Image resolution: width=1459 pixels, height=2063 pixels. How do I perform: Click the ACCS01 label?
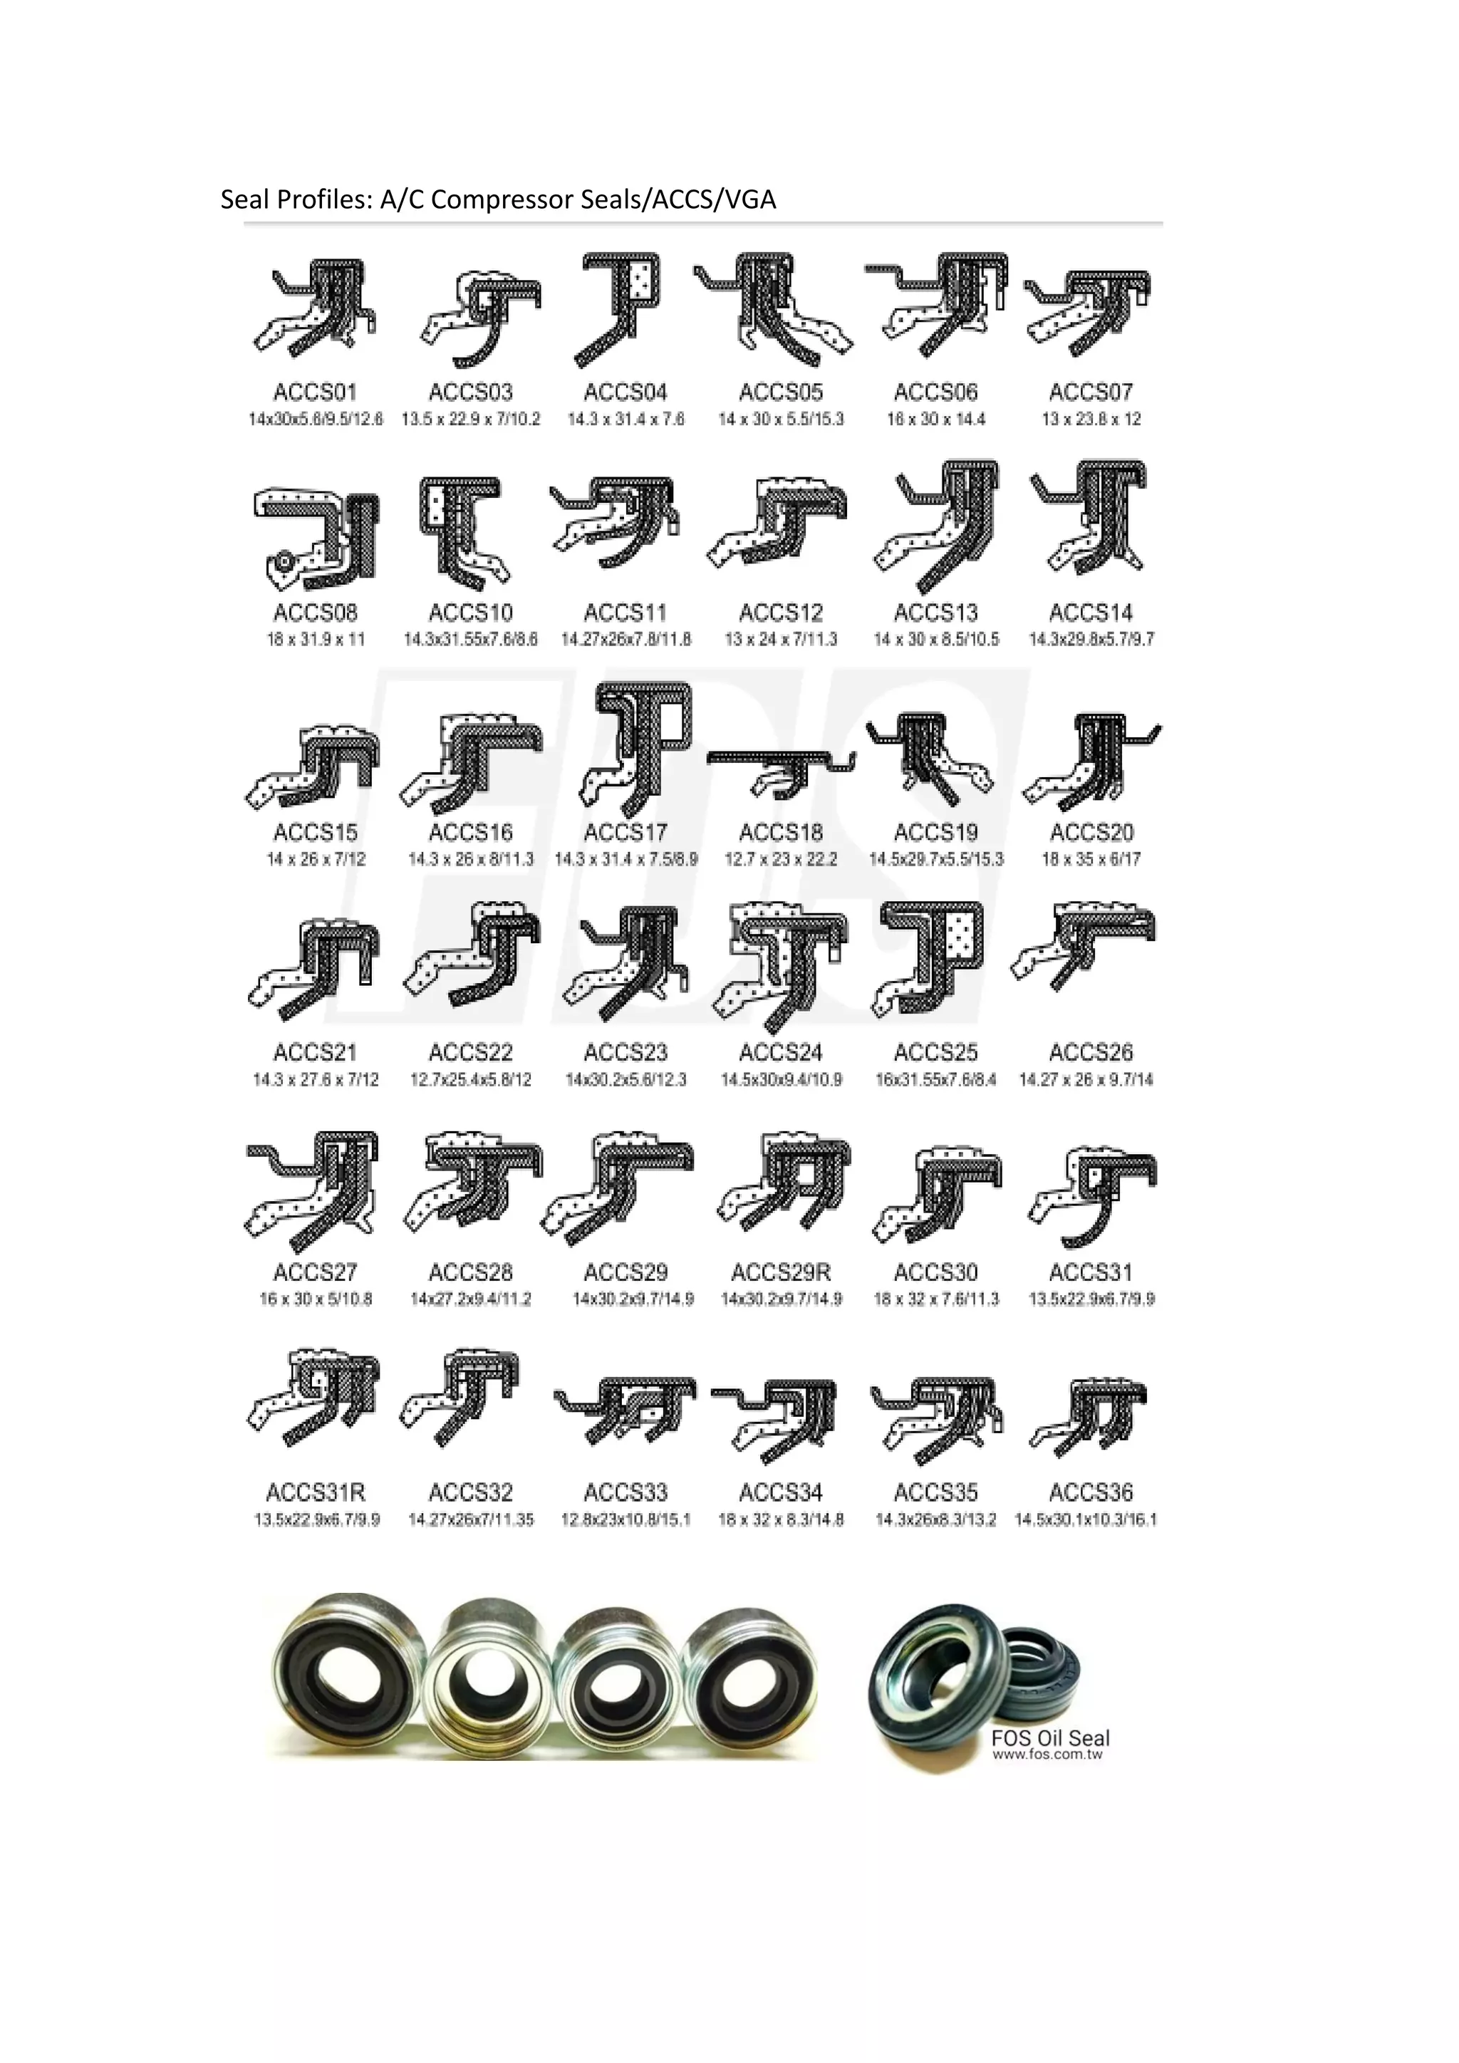point(316,392)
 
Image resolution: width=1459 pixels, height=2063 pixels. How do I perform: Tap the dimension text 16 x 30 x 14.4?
point(935,419)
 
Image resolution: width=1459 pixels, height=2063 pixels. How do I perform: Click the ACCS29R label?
point(781,1272)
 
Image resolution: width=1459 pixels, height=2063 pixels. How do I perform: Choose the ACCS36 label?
point(1091,1492)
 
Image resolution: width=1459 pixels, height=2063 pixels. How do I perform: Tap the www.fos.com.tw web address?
point(1047,1754)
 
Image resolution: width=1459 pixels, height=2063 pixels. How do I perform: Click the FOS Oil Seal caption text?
point(1050,1737)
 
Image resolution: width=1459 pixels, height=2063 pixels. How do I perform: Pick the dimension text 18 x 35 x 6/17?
point(1091,859)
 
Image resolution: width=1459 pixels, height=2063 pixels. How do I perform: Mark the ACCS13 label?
point(935,613)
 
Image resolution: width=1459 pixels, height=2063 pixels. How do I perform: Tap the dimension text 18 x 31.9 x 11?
point(316,639)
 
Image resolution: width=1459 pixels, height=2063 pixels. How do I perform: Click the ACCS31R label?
point(316,1492)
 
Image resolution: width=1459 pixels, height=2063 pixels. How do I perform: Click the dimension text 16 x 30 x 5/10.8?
point(316,1299)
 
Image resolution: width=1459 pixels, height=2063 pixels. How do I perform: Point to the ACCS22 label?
point(470,1052)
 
